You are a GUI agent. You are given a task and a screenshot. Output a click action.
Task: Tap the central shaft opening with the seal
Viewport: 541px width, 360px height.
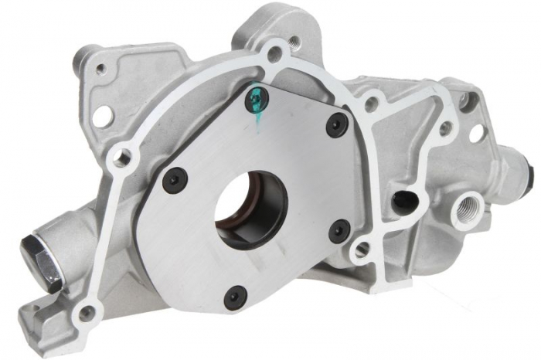click(x=246, y=203)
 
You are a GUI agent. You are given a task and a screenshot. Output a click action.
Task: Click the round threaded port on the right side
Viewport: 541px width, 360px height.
click(x=468, y=207)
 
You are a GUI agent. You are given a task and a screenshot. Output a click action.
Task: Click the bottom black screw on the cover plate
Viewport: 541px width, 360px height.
click(x=236, y=295)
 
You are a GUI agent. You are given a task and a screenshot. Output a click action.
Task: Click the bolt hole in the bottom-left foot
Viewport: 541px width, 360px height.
click(x=87, y=312)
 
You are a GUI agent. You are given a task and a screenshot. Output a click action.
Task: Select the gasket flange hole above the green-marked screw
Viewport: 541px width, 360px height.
click(x=272, y=55)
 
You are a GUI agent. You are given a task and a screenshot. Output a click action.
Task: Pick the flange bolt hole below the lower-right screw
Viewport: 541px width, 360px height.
click(x=360, y=250)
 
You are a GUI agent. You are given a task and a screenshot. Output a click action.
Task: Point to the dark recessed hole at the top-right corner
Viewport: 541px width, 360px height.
click(x=464, y=99)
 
